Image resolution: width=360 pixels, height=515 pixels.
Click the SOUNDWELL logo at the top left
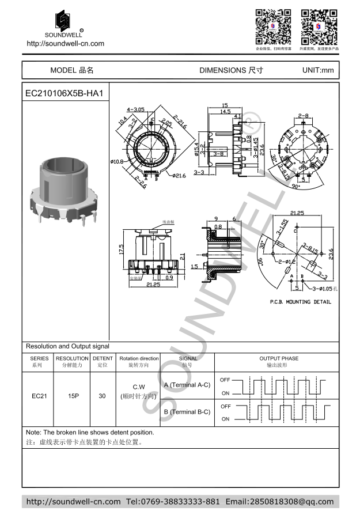point(65,23)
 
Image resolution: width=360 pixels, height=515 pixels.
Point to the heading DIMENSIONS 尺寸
point(231,70)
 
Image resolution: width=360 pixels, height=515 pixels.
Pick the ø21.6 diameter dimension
point(179,176)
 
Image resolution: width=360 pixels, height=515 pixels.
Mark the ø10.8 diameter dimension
point(117,161)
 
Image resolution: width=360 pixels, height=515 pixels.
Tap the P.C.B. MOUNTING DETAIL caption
point(300,302)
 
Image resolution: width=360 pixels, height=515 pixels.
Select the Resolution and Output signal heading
point(67,346)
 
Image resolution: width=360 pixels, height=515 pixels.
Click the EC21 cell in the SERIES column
point(39,396)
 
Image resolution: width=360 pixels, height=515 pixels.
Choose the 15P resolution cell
point(73,396)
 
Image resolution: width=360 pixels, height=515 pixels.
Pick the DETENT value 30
point(102,396)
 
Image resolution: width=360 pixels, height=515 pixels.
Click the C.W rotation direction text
point(139,387)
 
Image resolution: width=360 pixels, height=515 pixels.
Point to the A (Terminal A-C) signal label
point(187,385)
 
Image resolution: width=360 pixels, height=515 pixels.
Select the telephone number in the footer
point(173,502)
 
